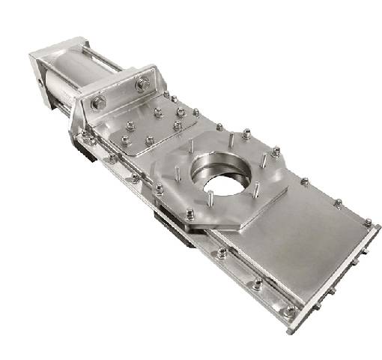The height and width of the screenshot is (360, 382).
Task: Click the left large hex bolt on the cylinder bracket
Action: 100,102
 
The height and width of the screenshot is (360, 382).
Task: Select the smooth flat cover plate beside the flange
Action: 300,240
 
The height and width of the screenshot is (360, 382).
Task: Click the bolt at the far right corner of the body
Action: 368,222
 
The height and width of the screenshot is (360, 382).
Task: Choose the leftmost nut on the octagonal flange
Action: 159,190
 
